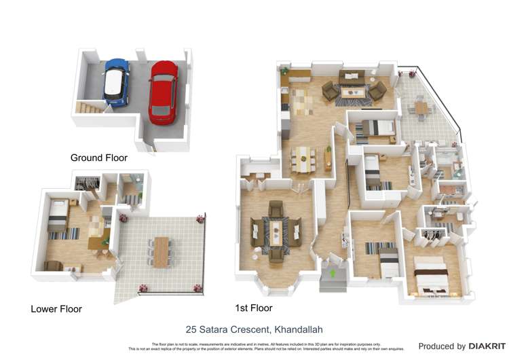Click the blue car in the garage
(x=116, y=82)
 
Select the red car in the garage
(x=163, y=92)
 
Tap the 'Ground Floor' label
(x=98, y=158)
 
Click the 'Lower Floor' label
(x=56, y=309)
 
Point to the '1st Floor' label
(x=253, y=308)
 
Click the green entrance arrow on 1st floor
(x=333, y=273)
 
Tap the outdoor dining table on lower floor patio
(x=162, y=251)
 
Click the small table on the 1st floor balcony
(x=421, y=107)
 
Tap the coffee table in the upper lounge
(x=354, y=92)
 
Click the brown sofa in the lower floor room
(x=53, y=266)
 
